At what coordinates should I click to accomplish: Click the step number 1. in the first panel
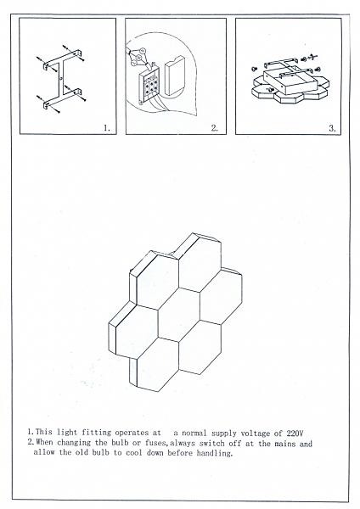click(x=107, y=128)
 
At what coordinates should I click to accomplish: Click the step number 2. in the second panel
click(x=215, y=128)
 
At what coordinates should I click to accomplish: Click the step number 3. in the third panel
click(x=332, y=128)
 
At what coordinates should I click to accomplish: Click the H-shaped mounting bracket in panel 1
click(x=62, y=79)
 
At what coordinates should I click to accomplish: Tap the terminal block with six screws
click(x=149, y=85)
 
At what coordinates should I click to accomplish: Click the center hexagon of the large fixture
click(x=178, y=314)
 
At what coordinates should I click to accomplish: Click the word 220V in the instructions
click(x=295, y=433)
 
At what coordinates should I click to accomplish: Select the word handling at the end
click(x=215, y=453)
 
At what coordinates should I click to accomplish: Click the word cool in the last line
click(x=134, y=452)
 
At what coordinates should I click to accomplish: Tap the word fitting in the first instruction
click(x=96, y=433)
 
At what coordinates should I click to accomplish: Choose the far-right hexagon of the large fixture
click(x=222, y=296)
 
